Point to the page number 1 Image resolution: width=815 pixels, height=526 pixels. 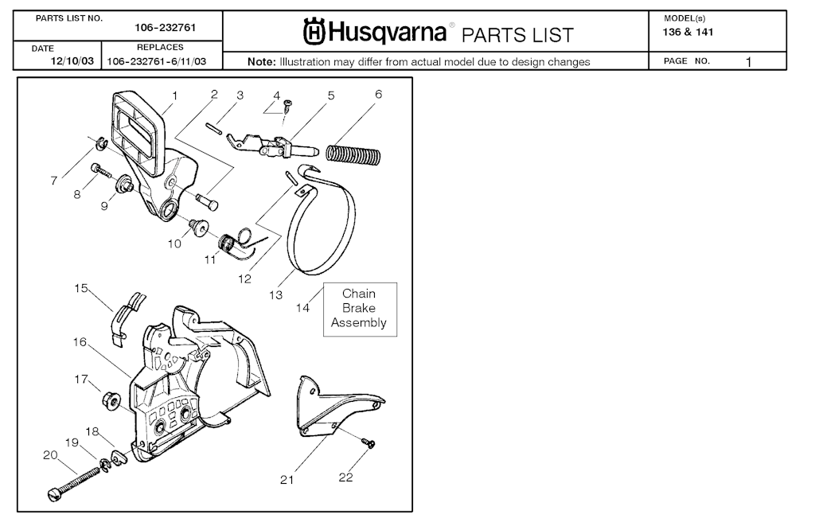coord(749,61)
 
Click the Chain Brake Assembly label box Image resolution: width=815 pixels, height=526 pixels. coord(359,308)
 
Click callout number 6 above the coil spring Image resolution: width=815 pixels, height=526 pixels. coord(378,94)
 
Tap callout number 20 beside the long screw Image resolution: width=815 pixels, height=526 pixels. coord(50,455)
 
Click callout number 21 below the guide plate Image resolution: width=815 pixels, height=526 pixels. coord(287,479)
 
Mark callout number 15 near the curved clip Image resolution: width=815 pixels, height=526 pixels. coord(81,288)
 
